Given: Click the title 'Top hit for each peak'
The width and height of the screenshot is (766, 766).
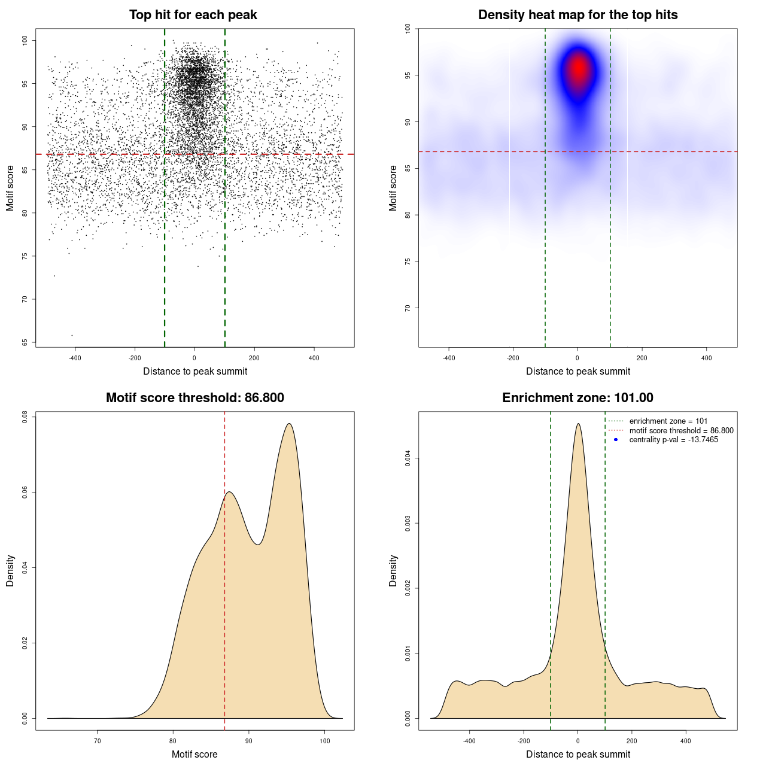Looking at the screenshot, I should (x=193, y=15).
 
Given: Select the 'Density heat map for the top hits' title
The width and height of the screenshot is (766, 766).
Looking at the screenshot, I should (x=577, y=15).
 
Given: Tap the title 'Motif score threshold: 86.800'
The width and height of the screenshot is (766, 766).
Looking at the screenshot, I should (x=194, y=398).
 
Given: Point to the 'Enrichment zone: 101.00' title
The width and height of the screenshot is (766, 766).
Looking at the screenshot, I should (x=577, y=398).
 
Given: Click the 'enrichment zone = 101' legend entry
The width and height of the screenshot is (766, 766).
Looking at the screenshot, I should (x=668, y=421).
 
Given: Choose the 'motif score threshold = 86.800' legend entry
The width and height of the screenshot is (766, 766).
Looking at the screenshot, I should (x=681, y=431).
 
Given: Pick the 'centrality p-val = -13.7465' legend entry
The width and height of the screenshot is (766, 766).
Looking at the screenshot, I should (x=673, y=440).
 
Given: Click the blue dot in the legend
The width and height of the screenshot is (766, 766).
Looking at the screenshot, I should (x=616, y=440).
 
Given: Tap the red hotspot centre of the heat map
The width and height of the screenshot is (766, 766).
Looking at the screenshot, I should (x=579, y=68).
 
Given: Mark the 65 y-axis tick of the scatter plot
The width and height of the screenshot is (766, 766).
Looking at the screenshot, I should (x=25, y=342).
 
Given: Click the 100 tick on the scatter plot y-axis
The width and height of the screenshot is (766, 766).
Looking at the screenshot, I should (x=25, y=40).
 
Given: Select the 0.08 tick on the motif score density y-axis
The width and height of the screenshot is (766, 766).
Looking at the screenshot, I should (x=25, y=417).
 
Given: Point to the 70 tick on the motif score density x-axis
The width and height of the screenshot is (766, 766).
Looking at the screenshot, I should (x=98, y=741).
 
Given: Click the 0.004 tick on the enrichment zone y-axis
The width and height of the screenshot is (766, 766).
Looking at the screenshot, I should (x=408, y=459).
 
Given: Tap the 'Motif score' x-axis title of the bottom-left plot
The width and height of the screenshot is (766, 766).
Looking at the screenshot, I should (x=194, y=754).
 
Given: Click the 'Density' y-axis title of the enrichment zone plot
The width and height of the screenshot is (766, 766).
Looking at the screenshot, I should (x=393, y=570).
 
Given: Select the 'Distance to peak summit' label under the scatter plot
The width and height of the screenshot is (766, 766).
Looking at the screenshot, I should (x=195, y=372).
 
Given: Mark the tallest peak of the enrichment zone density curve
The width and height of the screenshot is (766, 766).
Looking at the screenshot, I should (x=578, y=424).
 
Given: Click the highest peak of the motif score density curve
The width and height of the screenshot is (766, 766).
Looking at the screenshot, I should (x=290, y=424).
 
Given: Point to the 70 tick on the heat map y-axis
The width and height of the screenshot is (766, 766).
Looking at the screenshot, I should (x=408, y=308).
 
